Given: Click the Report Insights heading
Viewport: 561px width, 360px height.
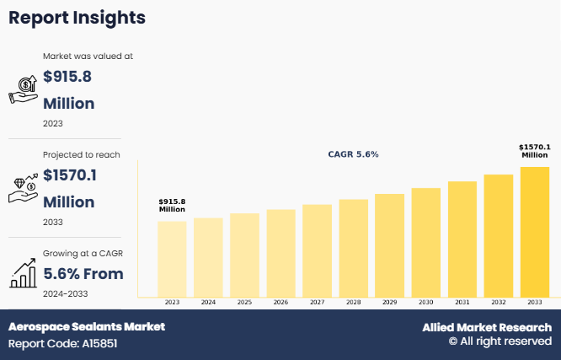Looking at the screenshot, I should [x=77, y=18].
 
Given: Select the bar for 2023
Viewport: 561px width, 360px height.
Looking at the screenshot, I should [x=172, y=258].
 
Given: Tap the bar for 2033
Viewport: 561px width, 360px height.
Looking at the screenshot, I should [x=535, y=232].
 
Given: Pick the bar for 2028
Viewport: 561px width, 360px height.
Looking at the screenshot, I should [x=354, y=248].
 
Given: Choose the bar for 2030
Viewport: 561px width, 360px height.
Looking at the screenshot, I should [x=426, y=242].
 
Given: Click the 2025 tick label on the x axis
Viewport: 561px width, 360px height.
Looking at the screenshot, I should [x=244, y=301].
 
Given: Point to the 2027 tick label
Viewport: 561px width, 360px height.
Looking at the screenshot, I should [x=317, y=301].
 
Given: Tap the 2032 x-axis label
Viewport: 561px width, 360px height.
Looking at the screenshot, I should [x=499, y=301].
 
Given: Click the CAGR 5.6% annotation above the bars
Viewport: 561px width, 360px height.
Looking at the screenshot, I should [x=353, y=154].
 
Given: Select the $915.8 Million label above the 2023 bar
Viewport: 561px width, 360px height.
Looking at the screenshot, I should [x=172, y=204].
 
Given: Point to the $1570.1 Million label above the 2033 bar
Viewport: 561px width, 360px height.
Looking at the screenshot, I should [x=535, y=151].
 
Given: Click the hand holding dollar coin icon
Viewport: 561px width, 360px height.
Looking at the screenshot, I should [x=24, y=89].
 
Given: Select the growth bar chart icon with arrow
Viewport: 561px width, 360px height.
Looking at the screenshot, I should [x=24, y=272].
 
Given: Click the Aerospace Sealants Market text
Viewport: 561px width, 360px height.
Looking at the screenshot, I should [x=87, y=326].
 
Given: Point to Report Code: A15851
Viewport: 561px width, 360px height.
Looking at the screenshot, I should [x=64, y=344].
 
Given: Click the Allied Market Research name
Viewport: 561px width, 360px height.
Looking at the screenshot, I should [x=487, y=327].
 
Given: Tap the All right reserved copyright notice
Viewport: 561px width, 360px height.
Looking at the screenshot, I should [x=500, y=341].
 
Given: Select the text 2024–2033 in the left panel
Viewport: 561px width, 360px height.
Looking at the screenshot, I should [x=65, y=293].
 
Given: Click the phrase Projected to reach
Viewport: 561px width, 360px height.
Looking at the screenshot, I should [x=82, y=154].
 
